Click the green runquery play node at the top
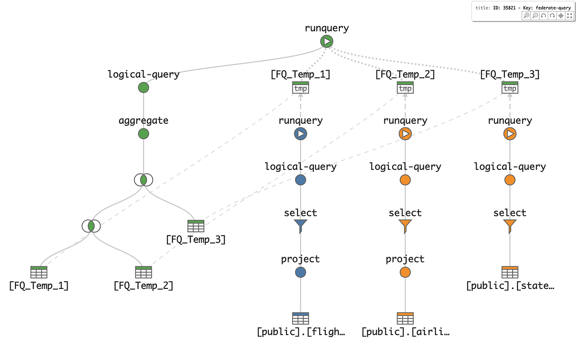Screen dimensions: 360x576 pos(327,42)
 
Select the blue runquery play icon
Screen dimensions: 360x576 pos(300,134)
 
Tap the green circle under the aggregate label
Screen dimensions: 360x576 pos(143,134)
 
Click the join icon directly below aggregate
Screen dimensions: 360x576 pos(143,180)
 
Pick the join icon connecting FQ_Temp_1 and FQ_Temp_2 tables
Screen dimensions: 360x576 pos(91,226)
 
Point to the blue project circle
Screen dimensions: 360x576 pos(300,272)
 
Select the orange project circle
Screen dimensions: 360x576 pos(405,272)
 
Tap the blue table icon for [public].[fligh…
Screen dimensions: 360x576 pos(300,318)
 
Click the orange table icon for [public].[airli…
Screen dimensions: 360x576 pos(405,318)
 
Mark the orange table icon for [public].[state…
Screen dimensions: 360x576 pos(510,272)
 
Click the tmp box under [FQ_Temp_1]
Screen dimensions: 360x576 pos(300,88)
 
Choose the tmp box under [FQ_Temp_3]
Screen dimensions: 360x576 pos(510,88)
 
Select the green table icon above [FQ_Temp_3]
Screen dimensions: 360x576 pos(195,226)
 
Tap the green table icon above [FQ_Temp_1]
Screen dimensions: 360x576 pos(39,272)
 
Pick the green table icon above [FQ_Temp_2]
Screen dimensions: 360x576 pos(143,272)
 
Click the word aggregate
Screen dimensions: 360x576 pos(143,120)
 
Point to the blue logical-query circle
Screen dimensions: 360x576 pos(300,180)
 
